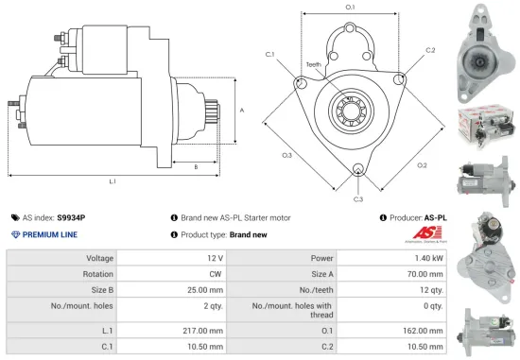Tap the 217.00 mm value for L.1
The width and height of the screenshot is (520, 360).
pos(204,330)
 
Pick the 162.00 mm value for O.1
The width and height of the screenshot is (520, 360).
pos(418,330)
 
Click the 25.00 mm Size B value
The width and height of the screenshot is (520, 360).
pos(206,290)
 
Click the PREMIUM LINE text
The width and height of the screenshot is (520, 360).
pos(50,233)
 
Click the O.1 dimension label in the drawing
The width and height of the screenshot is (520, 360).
pos(350,8)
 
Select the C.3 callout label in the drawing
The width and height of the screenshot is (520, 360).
pos(358,199)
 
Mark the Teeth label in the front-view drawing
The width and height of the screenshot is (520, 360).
pos(314,65)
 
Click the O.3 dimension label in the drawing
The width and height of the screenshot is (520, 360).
pos(287,153)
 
